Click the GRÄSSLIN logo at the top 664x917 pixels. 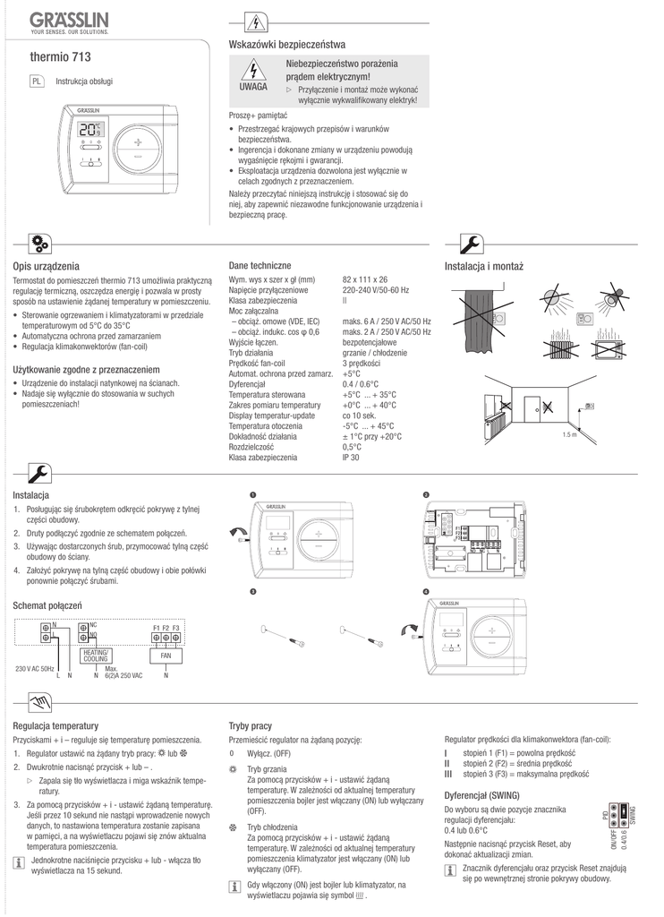[68, 19]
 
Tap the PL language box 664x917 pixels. [37, 81]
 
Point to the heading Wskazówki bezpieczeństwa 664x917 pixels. [287, 44]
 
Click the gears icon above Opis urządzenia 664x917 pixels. [41, 242]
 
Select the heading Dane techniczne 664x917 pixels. [260, 266]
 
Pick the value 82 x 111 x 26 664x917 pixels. [364, 280]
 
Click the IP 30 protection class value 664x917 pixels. [351, 458]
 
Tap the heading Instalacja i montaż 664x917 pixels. [483, 267]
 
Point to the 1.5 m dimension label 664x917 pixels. [569, 434]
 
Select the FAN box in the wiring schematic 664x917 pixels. [166, 656]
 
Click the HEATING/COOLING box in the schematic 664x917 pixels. [96, 656]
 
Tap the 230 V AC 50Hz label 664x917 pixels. [35, 669]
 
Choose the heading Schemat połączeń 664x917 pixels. [47, 606]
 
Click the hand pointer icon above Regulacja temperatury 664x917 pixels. [39, 699]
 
